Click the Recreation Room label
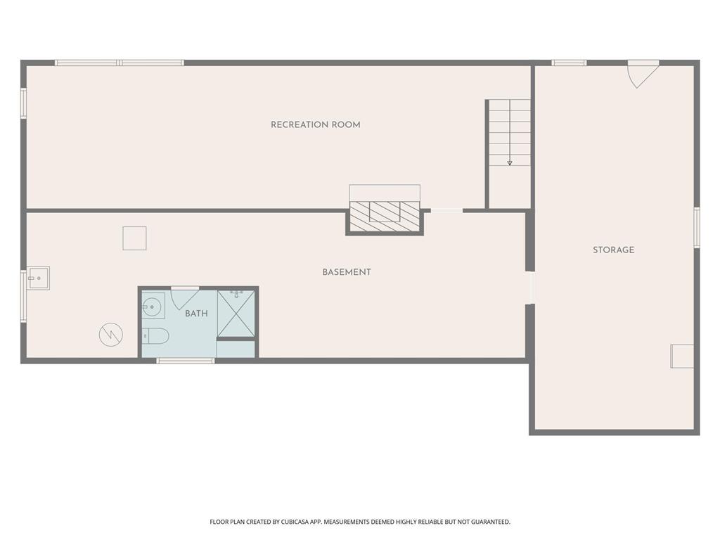pyautogui.click(x=316, y=124)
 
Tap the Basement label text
pyautogui.click(x=347, y=272)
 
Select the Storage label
pyautogui.click(x=613, y=250)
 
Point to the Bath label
pyautogui.click(x=197, y=313)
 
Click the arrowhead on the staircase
pyautogui.click(x=510, y=162)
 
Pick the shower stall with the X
pyautogui.click(x=236, y=314)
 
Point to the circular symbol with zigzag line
pyautogui.click(x=111, y=335)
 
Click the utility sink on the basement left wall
pyautogui.click(x=38, y=278)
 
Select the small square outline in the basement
pyautogui.click(x=134, y=238)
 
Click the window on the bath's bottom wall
pyautogui.click(x=186, y=361)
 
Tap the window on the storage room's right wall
pyautogui.click(x=697, y=228)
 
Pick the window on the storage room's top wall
pyautogui.click(x=570, y=63)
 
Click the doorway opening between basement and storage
pyautogui.click(x=530, y=288)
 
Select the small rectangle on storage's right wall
pyautogui.click(x=682, y=356)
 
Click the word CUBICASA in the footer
pyautogui.click(x=294, y=522)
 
